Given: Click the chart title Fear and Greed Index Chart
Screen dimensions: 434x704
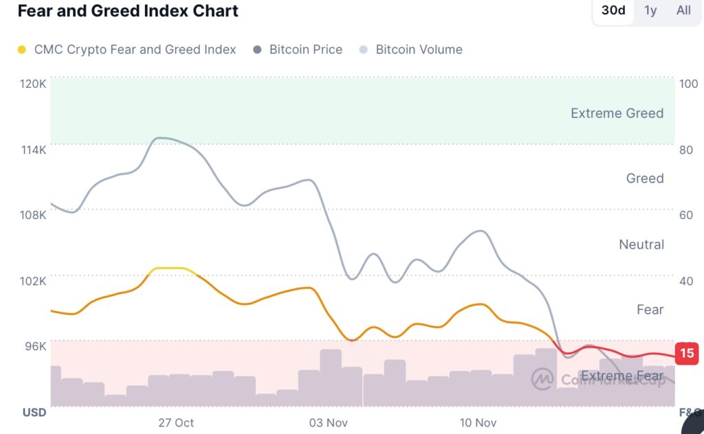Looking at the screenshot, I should click(x=128, y=11).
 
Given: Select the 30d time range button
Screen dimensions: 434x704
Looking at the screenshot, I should click(x=613, y=10).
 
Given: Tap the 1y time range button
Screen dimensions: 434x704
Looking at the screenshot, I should click(x=650, y=10).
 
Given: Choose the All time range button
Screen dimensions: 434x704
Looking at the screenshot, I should click(x=683, y=10).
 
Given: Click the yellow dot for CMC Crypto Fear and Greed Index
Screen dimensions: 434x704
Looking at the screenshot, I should click(x=22, y=49).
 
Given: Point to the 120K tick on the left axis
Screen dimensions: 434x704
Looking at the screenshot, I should click(x=33, y=84).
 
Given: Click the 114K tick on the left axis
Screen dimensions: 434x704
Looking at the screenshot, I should click(x=33, y=150).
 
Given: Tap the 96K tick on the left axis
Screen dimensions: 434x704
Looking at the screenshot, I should click(x=34, y=346).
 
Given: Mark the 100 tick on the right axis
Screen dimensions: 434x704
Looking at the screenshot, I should click(x=688, y=84).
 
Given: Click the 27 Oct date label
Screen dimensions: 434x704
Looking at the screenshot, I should click(x=176, y=422).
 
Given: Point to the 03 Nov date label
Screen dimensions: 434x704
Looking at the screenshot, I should click(x=328, y=422).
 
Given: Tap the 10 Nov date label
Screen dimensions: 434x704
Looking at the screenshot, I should click(x=478, y=422).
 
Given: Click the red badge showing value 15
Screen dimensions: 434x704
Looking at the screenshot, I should click(x=687, y=353).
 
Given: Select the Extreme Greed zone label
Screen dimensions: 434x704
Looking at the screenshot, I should click(x=617, y=113).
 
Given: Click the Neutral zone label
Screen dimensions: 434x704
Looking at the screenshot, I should click(x=641, y=244).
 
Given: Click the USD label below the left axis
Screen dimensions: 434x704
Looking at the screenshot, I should click(x=34, y=412).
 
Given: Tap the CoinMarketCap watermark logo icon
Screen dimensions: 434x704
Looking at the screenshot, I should click(x=542, y=378).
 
